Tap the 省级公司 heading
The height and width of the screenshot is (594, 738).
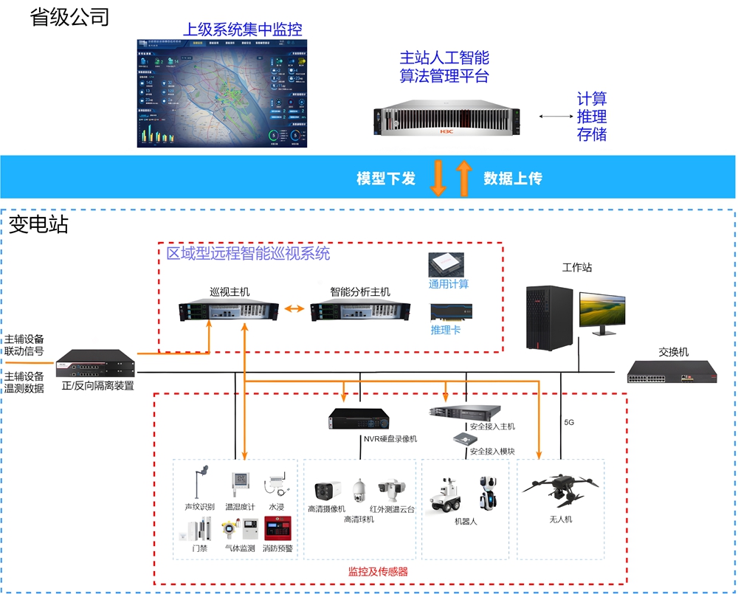coord(69,17)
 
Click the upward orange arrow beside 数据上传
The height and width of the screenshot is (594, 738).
coord(463,178)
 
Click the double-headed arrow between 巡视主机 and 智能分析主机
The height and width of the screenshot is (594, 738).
coord(294,308)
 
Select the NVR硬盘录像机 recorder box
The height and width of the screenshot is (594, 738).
coord(359,418)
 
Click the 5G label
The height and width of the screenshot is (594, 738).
coord(569,423)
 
